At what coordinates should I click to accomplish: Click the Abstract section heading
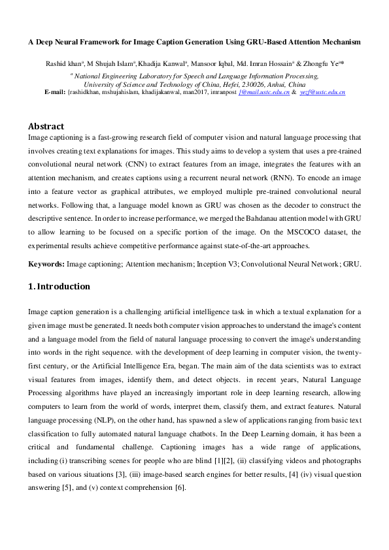pyautogui.click(x=46, y=126)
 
